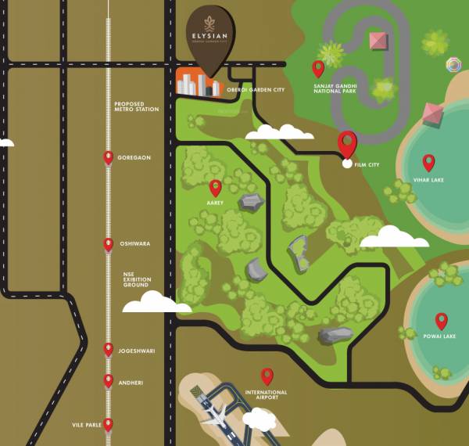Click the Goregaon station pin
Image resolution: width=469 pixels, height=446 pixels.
(x=109, y=158)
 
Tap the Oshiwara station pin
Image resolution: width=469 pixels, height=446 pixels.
(x=109, y=245)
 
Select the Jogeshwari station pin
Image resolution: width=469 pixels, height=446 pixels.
(x=109, y=350)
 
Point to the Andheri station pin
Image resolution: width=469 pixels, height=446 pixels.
(x=109, y=381)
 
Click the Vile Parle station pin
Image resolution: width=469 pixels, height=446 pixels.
(x=109, y=425)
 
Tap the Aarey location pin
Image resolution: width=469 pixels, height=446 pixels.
(x=216, y=188)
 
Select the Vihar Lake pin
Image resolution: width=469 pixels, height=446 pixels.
(x=428, y=162)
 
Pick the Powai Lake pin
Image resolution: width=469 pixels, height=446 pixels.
(x=441, y=321)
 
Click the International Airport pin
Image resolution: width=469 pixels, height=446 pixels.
(x=267, y=376)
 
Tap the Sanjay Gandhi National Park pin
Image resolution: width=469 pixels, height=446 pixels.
(x=317, y=68)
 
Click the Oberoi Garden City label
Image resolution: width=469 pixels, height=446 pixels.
(x=256, y=90)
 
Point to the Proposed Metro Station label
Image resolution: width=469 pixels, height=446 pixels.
(x=136, y=106)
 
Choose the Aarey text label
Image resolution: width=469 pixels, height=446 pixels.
(x=215, y=203)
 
